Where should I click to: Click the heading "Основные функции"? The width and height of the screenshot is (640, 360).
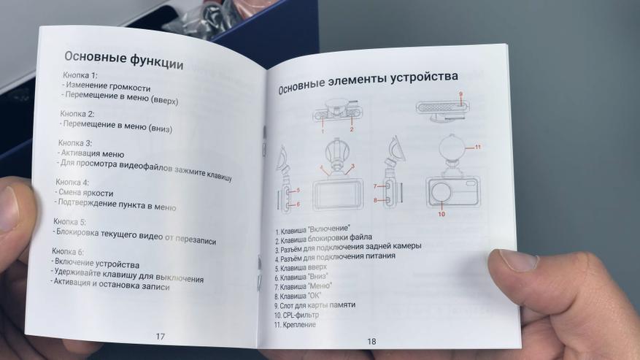tap(123, 60)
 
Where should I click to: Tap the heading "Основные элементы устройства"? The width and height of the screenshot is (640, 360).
tap(368, 82)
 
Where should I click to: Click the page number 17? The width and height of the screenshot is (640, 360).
tap(160, 337)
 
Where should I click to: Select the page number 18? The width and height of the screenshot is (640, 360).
tap(371, 341)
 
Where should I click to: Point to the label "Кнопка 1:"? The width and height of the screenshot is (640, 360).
tap(80, 75)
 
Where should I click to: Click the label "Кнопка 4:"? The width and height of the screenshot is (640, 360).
tap(72, 182)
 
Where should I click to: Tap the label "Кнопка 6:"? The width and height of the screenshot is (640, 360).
tap(68, 251)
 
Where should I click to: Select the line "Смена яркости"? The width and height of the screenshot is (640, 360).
tap(84, 193)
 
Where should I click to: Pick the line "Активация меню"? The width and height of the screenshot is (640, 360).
tap(91, 153)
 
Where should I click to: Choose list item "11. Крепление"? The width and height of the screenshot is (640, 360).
tap(295, 325)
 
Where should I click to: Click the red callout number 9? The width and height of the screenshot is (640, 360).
tap(461, 94)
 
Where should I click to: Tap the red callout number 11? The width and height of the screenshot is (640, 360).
tap(477, 147)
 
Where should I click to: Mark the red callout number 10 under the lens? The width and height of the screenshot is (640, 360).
tap(442, 214)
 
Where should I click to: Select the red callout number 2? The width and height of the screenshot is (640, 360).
tap(352, 129)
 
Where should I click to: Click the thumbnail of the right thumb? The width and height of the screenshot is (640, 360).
tap(515, 261)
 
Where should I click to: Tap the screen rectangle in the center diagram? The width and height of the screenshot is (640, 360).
tap(337, 194)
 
